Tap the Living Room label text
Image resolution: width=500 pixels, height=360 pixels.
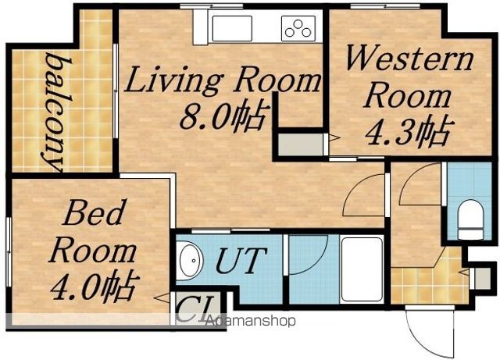coord(222,80)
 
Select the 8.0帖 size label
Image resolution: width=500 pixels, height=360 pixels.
coord(223,116)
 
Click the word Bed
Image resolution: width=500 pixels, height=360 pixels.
coord(94,212)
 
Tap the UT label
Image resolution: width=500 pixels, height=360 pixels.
coord(241,261)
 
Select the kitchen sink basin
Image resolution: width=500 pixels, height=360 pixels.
coord(232,28)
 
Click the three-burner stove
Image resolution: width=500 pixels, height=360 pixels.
coord(298,28)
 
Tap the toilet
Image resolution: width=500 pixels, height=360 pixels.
coord(470,219)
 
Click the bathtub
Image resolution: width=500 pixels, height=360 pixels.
coord(362,269)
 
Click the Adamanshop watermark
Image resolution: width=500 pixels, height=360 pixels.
coord(250,321)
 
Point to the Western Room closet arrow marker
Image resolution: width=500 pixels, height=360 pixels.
coord(334,138)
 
